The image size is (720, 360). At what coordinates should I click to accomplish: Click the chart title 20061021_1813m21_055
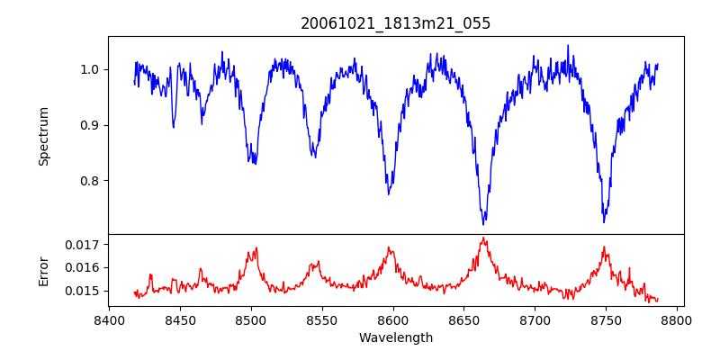(x=395, y=23)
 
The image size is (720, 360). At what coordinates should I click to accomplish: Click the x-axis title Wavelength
(x=395, y=337)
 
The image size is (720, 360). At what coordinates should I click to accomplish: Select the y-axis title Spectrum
(x=44, y=136)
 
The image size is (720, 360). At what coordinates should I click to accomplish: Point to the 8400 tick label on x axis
(x=109, y=319)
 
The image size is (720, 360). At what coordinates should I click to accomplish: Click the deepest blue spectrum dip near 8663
(x=483, y=223)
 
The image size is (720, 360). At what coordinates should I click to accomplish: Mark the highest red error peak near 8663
(x=483, y=238)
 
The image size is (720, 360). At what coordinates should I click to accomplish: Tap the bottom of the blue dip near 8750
(x=604, y=221)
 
